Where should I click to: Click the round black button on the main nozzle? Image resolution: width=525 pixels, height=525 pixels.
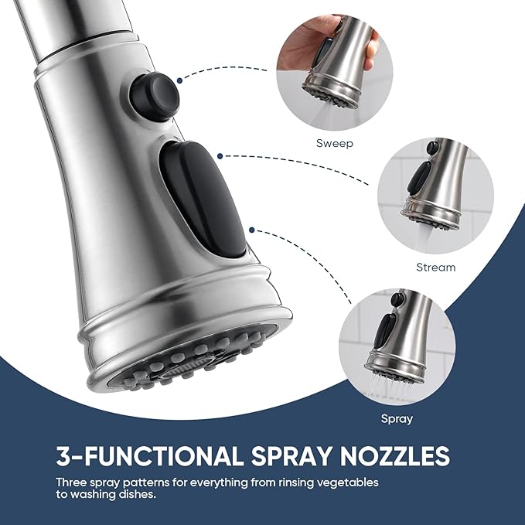154,95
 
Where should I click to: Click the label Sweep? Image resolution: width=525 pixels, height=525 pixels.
335,143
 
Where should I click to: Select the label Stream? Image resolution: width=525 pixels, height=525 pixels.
435,268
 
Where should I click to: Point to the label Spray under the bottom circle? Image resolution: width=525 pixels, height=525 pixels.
397,418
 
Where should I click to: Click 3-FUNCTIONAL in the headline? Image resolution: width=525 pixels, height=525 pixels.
150,455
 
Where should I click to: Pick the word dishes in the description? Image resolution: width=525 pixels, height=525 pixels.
138,494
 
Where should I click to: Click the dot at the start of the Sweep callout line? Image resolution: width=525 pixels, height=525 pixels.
180,80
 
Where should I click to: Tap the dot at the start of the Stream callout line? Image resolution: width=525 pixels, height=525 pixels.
220,156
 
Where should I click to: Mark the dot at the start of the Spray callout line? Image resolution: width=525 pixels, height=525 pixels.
252,230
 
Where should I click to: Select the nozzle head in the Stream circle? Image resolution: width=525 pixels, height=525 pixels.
435,187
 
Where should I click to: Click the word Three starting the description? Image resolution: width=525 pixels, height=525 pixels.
70,482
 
